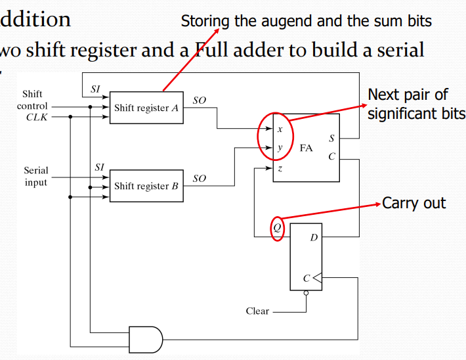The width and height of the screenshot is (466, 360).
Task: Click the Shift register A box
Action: [x=146, y=107]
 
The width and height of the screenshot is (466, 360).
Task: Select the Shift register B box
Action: [x=146, y=186]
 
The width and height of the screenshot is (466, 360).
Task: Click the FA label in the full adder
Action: [x=306, y=148]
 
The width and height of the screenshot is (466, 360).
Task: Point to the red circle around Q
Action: [x=278, y=228]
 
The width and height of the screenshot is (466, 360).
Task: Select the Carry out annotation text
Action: [x=413, y=203]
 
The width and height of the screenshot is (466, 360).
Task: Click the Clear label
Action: [x=257, y=311]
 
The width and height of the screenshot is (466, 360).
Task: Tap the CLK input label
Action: [x=37, y=118]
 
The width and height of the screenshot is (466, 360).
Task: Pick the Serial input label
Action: [x=36, y=176]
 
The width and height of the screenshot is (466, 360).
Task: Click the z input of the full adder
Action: [x=280, y=168]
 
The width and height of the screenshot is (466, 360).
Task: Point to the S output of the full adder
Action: [x=331, y=139]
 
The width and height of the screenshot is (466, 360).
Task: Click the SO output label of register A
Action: [x=199, y=100]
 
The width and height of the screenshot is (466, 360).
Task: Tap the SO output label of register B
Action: [x=199, y=179]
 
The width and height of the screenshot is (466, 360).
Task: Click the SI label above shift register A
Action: [x=95, y=88]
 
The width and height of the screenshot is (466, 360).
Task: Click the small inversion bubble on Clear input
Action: [x=306, y=294]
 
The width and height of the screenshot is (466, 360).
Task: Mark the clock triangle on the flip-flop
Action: [x=317, y=278]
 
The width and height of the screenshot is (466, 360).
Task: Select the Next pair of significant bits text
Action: [x=415, y=104]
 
